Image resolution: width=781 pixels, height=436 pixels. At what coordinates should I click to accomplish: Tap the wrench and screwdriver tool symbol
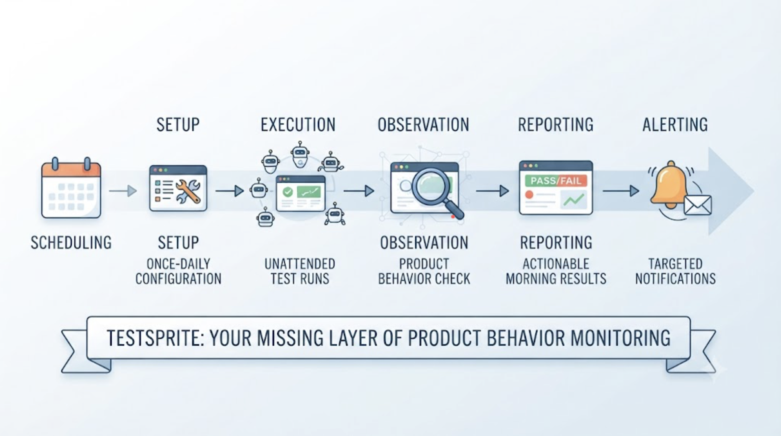coord(188,191)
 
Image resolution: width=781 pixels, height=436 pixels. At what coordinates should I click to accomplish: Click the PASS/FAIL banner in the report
coord(556,180)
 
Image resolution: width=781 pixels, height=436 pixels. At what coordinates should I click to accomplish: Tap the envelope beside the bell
coord(698,205)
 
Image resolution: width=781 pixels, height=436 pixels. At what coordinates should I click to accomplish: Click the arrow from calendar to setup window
coord(123,191)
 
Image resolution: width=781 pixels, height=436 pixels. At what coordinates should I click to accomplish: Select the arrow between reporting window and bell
coord(621,191)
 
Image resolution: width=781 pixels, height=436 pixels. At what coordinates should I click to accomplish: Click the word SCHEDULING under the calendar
coord(71,243)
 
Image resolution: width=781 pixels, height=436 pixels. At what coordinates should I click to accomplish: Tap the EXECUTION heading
coord(298,125)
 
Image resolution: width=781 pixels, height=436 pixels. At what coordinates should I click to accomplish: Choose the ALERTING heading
coord(675,125)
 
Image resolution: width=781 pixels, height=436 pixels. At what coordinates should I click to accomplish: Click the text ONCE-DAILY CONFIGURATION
coord(178,271)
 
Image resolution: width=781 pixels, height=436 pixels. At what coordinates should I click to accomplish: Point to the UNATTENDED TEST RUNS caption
coord(300,271)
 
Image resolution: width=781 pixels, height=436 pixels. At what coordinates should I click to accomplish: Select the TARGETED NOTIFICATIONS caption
coord(676,271)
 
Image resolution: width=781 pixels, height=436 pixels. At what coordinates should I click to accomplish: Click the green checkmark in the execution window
coord(287,192)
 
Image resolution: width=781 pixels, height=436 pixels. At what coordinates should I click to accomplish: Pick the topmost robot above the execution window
coord(300,154)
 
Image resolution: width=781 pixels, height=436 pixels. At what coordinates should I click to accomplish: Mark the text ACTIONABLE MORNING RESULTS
coord(556,271)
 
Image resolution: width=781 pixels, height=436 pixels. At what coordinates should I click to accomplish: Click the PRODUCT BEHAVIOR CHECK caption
coord(424,271)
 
